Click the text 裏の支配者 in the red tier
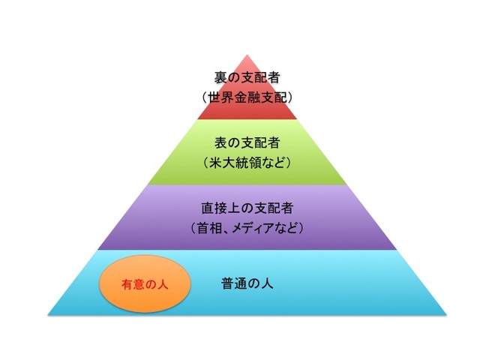[x=247, y=77]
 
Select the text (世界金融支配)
[x=247, y=97]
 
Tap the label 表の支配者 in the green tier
[x=247, y=142]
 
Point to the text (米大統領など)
[x=247, y=163]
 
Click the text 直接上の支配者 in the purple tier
[x=247, y=208]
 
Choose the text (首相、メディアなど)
[x=247, y=228]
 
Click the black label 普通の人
[x=247, y=283]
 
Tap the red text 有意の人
[x=145, y=284]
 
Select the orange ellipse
[x=145, y=283]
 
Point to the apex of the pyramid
[x=247, y=55]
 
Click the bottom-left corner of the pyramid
[x=48, y=315]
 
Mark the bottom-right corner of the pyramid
[x=447, y=315]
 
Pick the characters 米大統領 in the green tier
[x=235, y=163]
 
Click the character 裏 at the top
[x=220, y=77]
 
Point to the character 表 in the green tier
[x=220, y=142]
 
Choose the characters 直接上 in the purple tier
[x=220, y=208]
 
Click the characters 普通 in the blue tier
[x=234, y=283]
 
